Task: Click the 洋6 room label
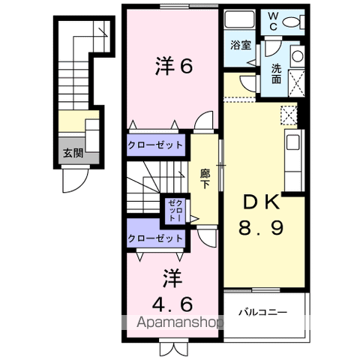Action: pyautogui.click(x=173, y=67)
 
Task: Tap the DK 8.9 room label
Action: pyautogui.click(x=262, y=214)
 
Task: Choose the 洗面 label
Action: pyautogui.click(x=276, y=73)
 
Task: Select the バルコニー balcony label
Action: pyautogui.click(x=263, y=310)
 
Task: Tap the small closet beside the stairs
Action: pyautogui.click(x=175, y=211)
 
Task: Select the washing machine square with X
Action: pyautogui.click(x=296, y=82)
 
